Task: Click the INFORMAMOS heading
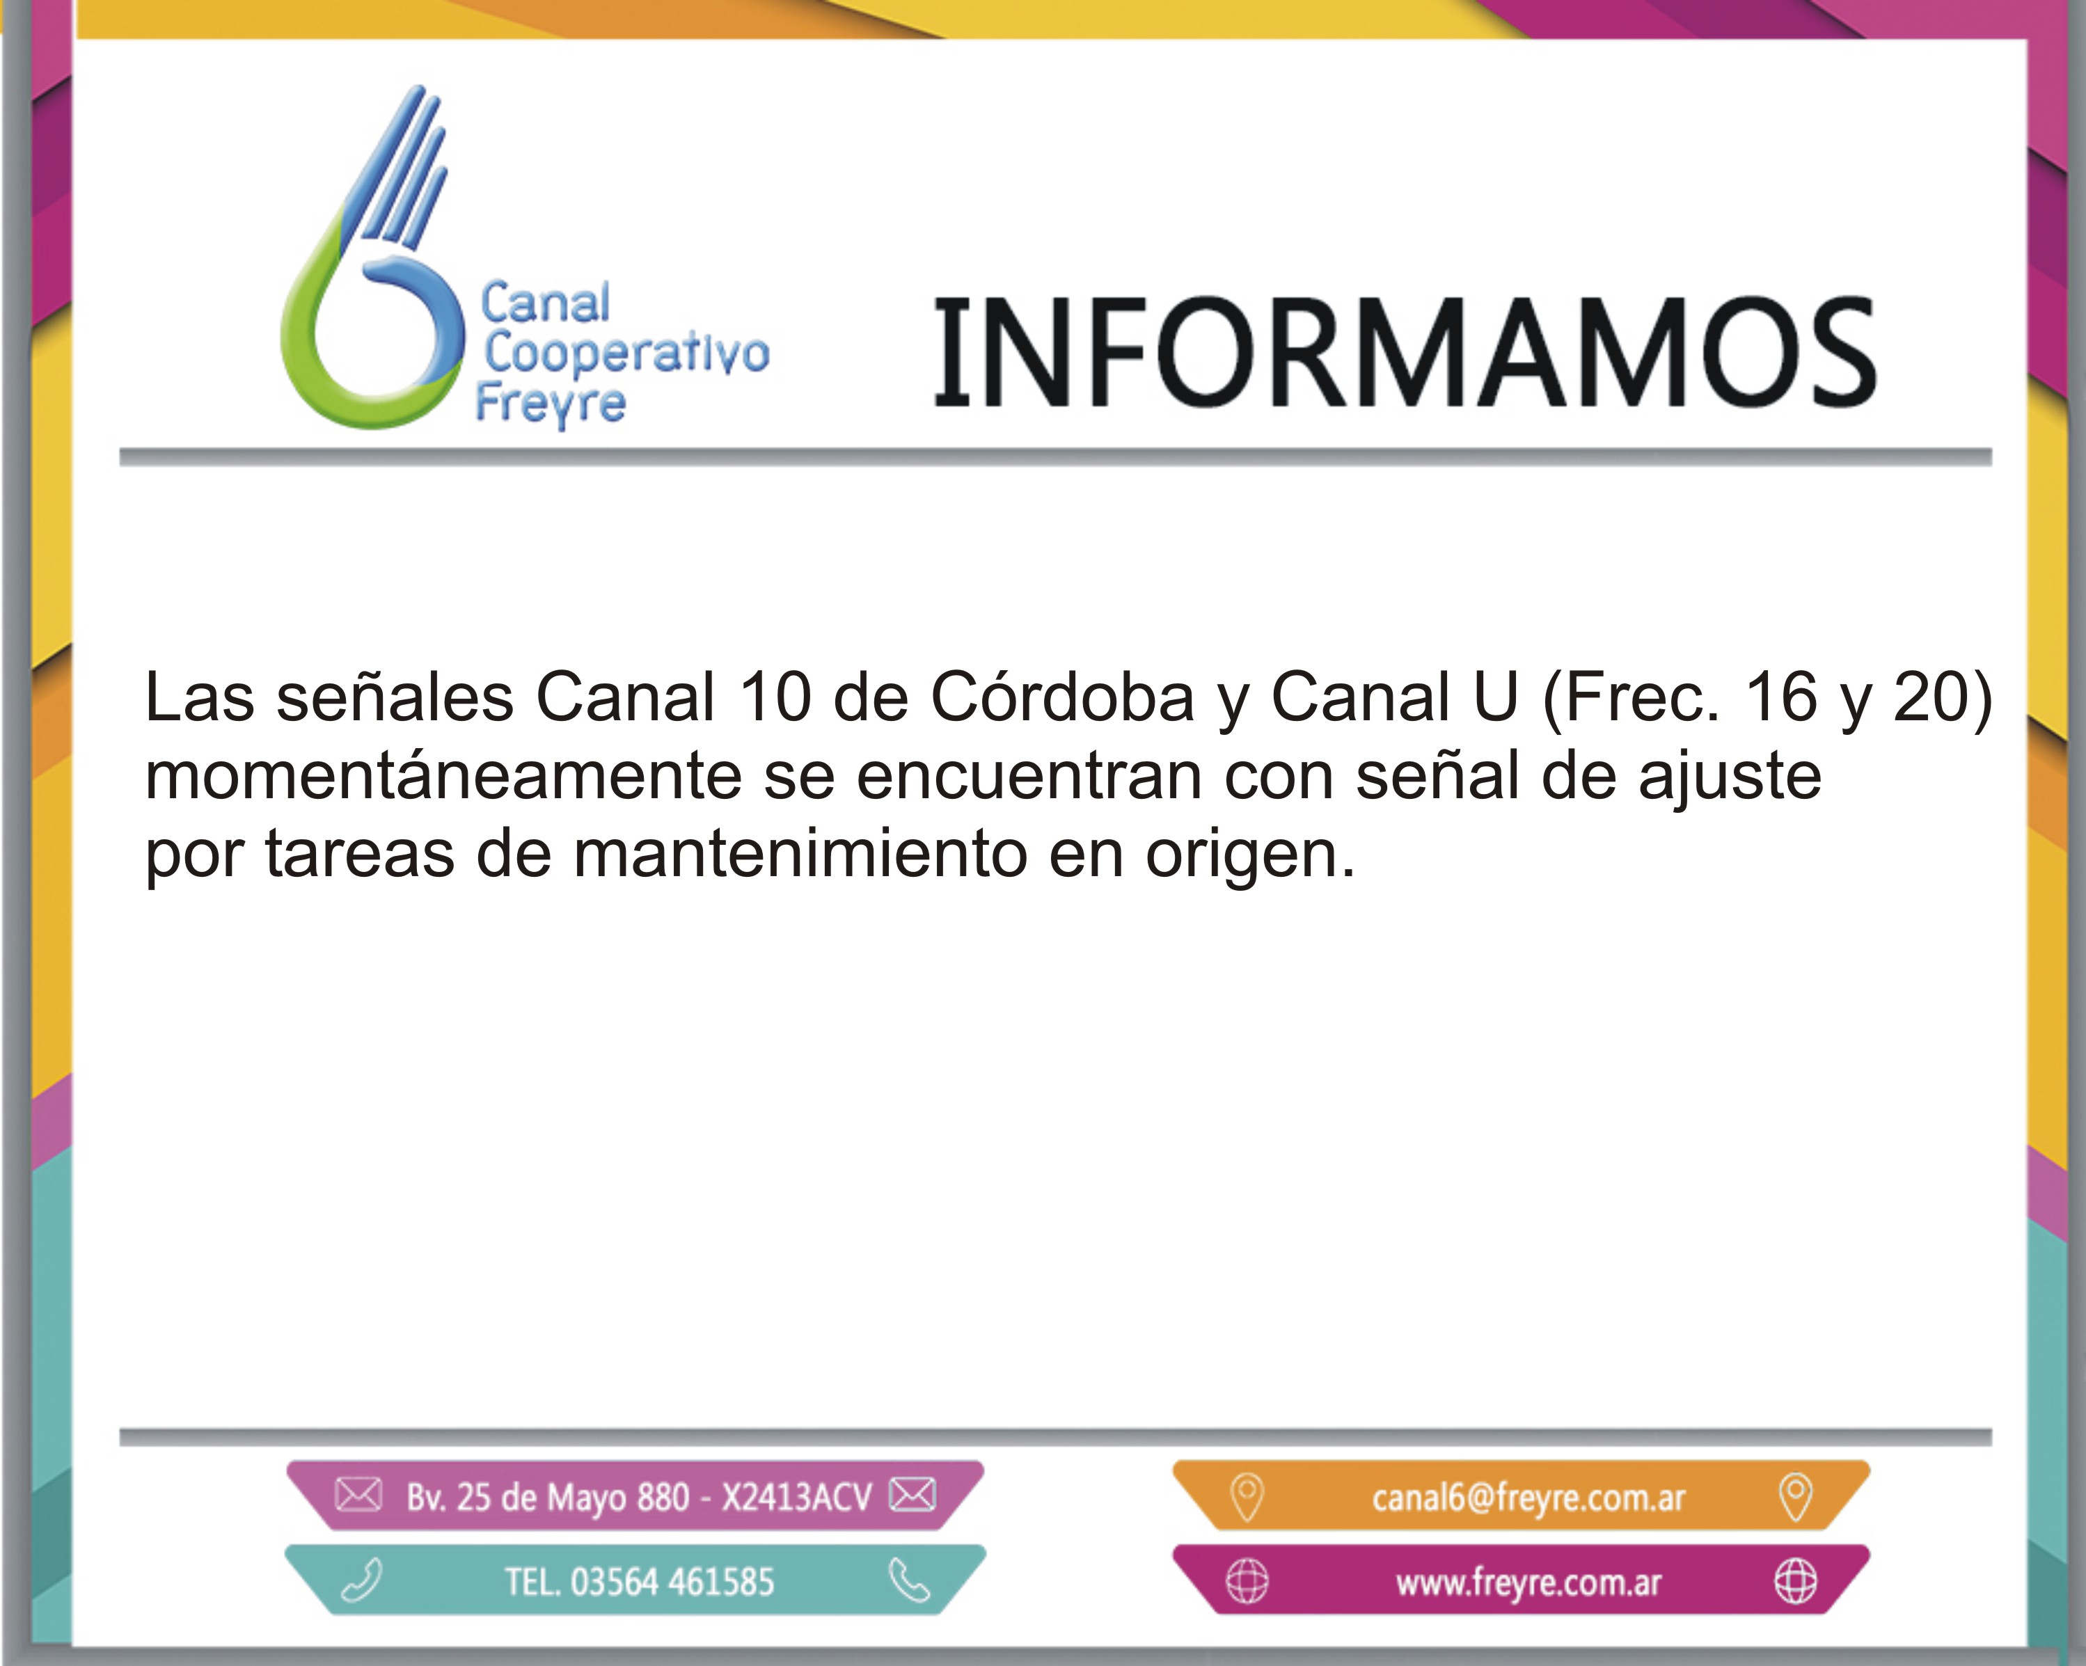(1404, 352)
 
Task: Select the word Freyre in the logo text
(551, 404)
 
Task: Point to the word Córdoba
(1062, 697)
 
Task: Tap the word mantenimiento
(800, 855)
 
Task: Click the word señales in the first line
(395, 697)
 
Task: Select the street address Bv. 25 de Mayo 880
(548, 1497)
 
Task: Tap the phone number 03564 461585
(672, 1582)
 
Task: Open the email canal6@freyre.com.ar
(1528, 1498)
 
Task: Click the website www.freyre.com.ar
(1528, 1582)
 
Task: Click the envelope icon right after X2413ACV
(912, 1495)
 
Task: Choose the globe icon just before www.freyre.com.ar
(1247, 1582)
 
